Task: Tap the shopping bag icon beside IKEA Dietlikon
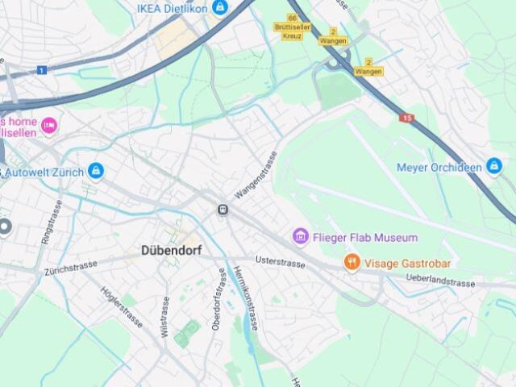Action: coord(220,8)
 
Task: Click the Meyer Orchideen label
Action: coord(439,168)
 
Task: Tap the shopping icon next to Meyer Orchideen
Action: coord(494,167)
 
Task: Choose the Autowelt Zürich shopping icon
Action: coord(96,171)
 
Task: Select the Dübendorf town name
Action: coord(171,250)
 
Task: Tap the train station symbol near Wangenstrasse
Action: coord(223,210)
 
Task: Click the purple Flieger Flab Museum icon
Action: coord(301,237)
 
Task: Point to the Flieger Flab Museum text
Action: coord(365,238)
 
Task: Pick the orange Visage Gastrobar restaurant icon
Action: coord(352,262)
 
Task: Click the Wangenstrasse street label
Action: coord(256,175)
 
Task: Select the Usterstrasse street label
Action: coord(280,262)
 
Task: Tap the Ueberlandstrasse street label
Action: coord(441,281)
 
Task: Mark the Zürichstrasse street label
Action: coord(71,267)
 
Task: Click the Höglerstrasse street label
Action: coord(122,306)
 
